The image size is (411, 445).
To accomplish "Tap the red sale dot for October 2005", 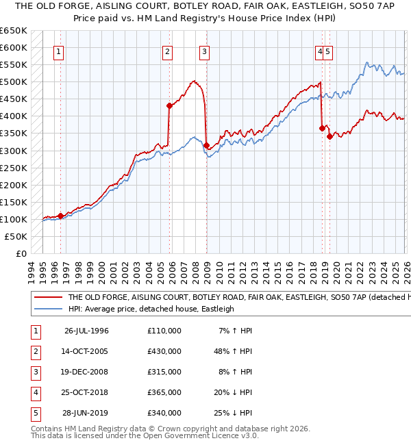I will click(169, 105).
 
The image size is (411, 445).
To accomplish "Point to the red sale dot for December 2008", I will click(206, 145).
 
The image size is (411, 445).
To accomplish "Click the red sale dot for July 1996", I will click(60, 216).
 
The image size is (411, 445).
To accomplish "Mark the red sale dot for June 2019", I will click(329, 136).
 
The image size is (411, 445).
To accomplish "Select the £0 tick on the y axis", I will click(21, 253).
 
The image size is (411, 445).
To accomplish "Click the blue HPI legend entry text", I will click(151, 309).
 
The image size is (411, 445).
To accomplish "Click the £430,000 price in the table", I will click(164, 351).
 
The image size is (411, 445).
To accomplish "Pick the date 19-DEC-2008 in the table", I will click(86, 372).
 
